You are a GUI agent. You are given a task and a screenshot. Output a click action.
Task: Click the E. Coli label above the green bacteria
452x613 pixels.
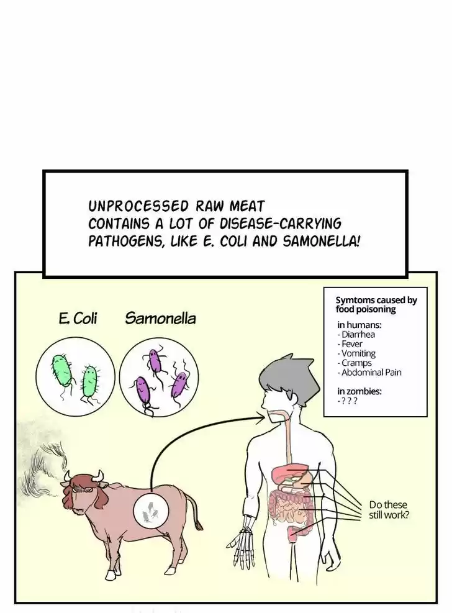[78, 319]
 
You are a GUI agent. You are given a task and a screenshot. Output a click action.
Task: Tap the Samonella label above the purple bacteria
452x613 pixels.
[160, 319]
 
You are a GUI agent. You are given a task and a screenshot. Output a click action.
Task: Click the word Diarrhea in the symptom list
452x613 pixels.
[358, 334]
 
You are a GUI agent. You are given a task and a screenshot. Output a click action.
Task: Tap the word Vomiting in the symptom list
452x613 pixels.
[358, 353]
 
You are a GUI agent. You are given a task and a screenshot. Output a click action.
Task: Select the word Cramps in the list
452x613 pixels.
[356, 363]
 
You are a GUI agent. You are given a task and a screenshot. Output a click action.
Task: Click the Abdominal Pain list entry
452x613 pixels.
[371, 373]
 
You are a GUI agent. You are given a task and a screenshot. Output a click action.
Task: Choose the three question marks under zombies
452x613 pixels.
[350, 401]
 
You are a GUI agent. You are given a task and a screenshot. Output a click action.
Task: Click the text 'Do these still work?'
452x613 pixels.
[389, 509]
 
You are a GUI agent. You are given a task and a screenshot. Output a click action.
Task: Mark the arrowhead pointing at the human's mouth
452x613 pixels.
[260, 419]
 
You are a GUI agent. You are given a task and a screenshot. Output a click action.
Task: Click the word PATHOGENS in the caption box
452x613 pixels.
[125, 240]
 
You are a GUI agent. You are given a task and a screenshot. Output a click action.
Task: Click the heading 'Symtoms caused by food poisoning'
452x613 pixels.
[376, 304]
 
